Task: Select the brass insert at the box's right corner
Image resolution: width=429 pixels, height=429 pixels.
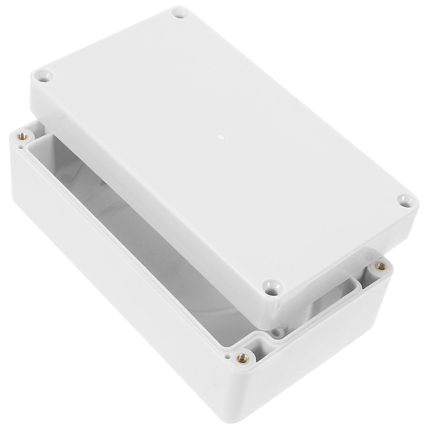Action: (x=380, y=274)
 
